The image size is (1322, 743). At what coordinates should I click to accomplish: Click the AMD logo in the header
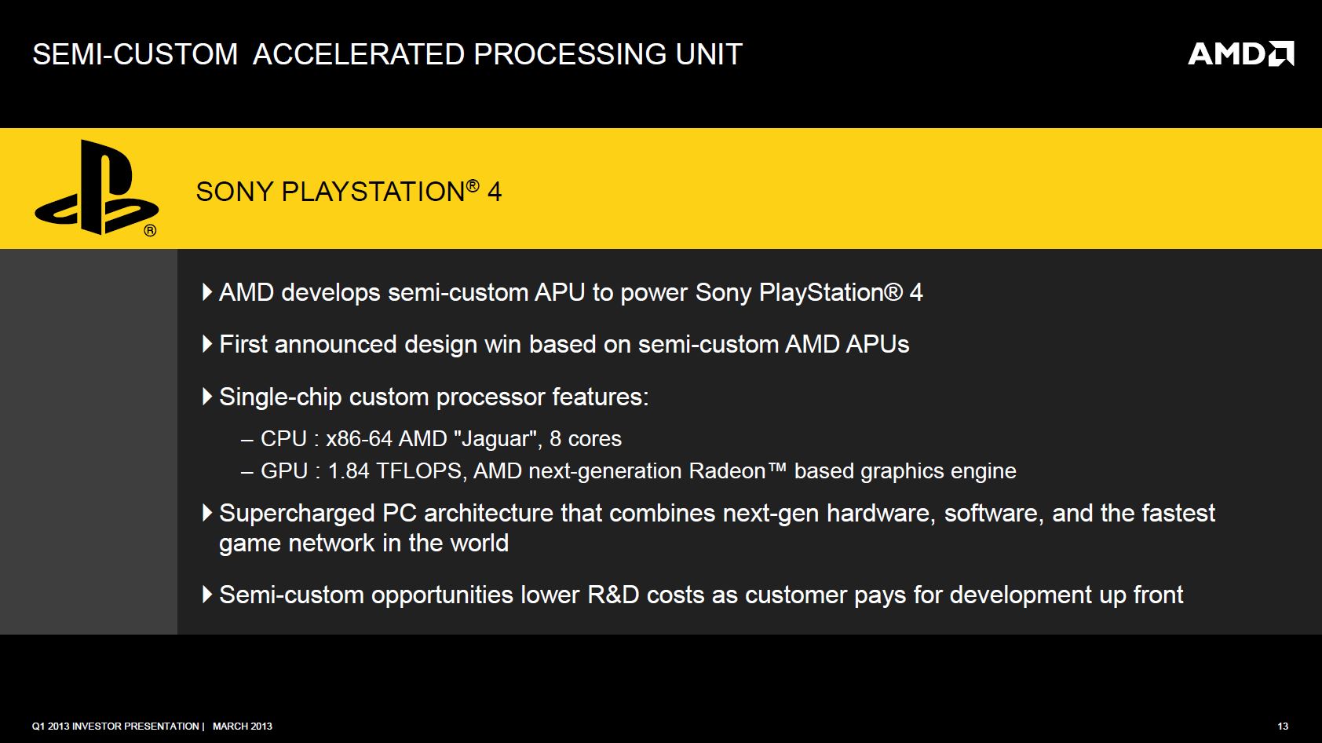[1240, 53]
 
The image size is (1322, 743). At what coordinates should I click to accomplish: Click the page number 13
[1283, 727]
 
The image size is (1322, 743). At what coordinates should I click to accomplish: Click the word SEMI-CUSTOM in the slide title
[135, 54]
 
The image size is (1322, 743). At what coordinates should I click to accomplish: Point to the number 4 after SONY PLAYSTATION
[495, 192]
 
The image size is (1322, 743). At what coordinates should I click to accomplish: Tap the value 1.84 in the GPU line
[349, 471]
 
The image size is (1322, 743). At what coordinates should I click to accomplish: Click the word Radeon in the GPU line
[727, 471]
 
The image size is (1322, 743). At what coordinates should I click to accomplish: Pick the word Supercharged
[297, 514]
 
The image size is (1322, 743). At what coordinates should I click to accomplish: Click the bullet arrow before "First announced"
[207, 344]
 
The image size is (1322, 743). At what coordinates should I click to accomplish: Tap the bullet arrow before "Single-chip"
[207, 397]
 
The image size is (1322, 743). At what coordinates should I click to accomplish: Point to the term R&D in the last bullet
[613, 595]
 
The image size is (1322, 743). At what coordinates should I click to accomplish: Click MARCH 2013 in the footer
[243, 727]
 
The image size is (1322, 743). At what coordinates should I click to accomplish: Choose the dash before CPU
[247, 440]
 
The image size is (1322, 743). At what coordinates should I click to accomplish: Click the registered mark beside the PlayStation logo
[151, 230]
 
